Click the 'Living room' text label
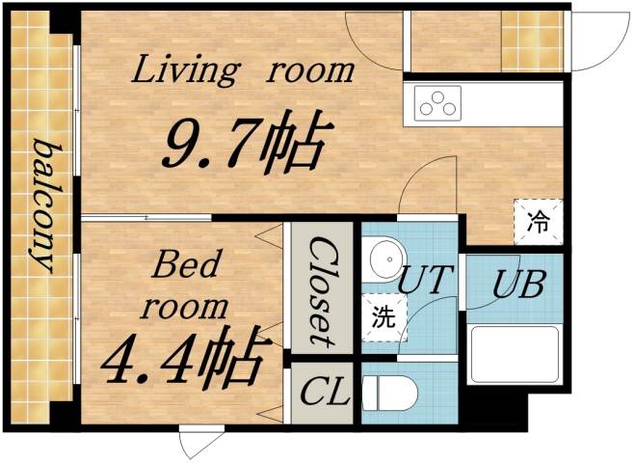pos(244,70)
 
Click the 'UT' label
pos(422,280)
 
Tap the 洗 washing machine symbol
pos(384,317)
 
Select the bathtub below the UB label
pos(516,354)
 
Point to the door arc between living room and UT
pos(426,187)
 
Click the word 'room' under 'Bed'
pos(186,307)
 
